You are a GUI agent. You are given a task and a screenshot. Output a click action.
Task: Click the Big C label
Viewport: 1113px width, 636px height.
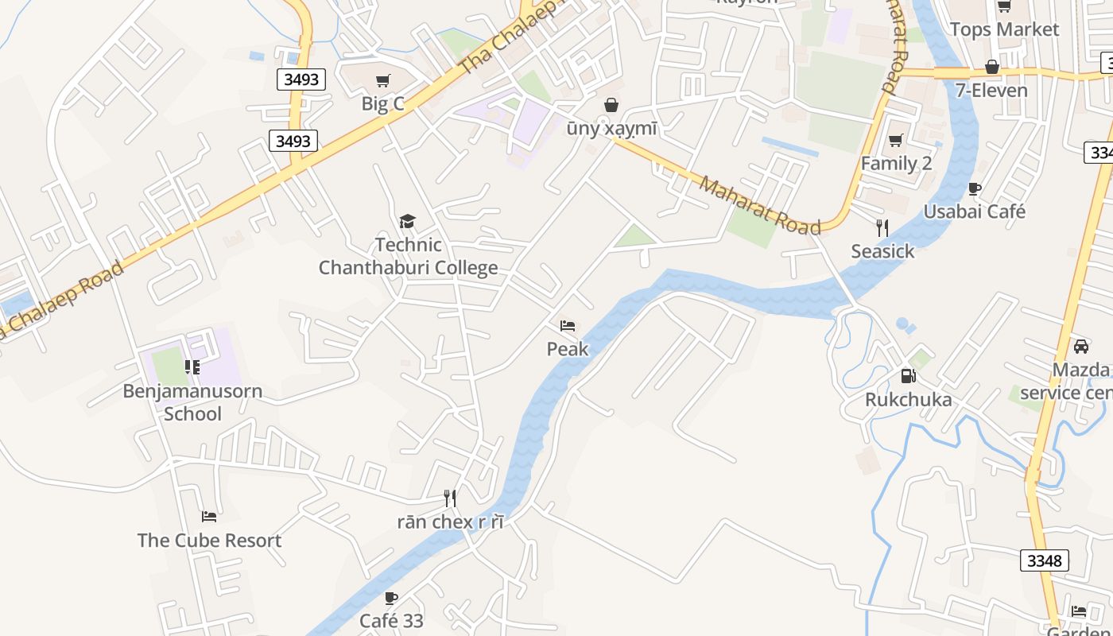(382, 103)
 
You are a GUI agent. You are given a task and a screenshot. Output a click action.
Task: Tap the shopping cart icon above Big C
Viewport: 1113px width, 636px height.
(383, 80)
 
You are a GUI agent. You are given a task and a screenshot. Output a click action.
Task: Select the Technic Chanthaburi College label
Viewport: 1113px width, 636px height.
(409, 256)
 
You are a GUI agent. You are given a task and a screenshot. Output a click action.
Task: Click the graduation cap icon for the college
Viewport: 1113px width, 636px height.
(407, 222)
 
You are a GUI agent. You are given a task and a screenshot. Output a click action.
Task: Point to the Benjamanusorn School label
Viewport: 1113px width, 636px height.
(192, 402)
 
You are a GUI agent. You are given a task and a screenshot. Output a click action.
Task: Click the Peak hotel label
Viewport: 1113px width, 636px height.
(568, 349)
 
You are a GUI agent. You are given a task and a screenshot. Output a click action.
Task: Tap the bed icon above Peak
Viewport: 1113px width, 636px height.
(568, 326)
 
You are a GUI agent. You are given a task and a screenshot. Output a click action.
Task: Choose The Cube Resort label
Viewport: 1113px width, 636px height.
(209, 541)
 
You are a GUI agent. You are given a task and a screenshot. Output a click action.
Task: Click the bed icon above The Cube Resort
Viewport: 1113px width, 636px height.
(209, 517)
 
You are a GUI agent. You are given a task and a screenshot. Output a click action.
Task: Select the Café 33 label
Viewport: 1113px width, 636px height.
(391, 621)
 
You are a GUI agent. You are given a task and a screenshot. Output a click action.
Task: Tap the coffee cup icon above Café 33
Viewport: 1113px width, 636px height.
(390, 598)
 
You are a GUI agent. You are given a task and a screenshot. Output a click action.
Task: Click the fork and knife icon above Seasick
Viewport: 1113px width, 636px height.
(882, 228)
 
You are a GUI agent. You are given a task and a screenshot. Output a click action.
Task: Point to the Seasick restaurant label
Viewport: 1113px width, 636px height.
(882, 252)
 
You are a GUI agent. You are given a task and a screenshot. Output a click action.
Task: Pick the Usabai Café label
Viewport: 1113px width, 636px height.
(974, 212)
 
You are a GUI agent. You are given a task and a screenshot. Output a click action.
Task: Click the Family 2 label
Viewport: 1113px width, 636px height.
(896, 164)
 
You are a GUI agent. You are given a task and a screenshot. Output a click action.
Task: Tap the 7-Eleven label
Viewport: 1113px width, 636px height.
(991, 91)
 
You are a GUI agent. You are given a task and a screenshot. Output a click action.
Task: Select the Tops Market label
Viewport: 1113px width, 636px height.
(1004, 29)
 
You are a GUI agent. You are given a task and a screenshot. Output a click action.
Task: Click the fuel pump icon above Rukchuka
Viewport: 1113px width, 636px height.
(908, 376)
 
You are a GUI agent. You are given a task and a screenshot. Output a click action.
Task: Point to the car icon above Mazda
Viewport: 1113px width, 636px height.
(1080, 347)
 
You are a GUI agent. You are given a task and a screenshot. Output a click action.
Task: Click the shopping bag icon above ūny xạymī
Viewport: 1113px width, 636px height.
(611, 105)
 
